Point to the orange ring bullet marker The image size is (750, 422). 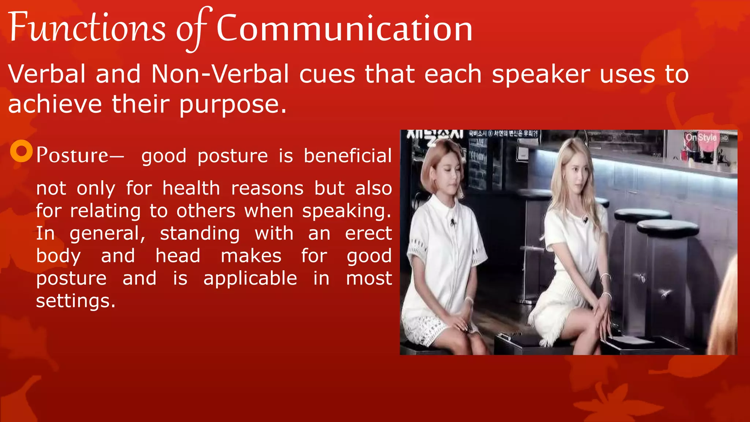tap(22, 151)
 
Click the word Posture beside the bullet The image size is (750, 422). tap(72, 155)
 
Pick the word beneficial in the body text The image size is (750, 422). tap(348, 156)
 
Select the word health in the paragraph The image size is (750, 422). tap(191, 188)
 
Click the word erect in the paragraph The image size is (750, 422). tap(368, 234)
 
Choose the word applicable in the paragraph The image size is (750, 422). tap(250, 278)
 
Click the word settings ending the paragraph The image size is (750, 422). tap(75, 301)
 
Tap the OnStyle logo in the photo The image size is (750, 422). tap(701, 138)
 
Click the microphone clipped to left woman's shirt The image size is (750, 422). tap(453, 222)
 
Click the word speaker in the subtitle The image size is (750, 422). tap(541, 74)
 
